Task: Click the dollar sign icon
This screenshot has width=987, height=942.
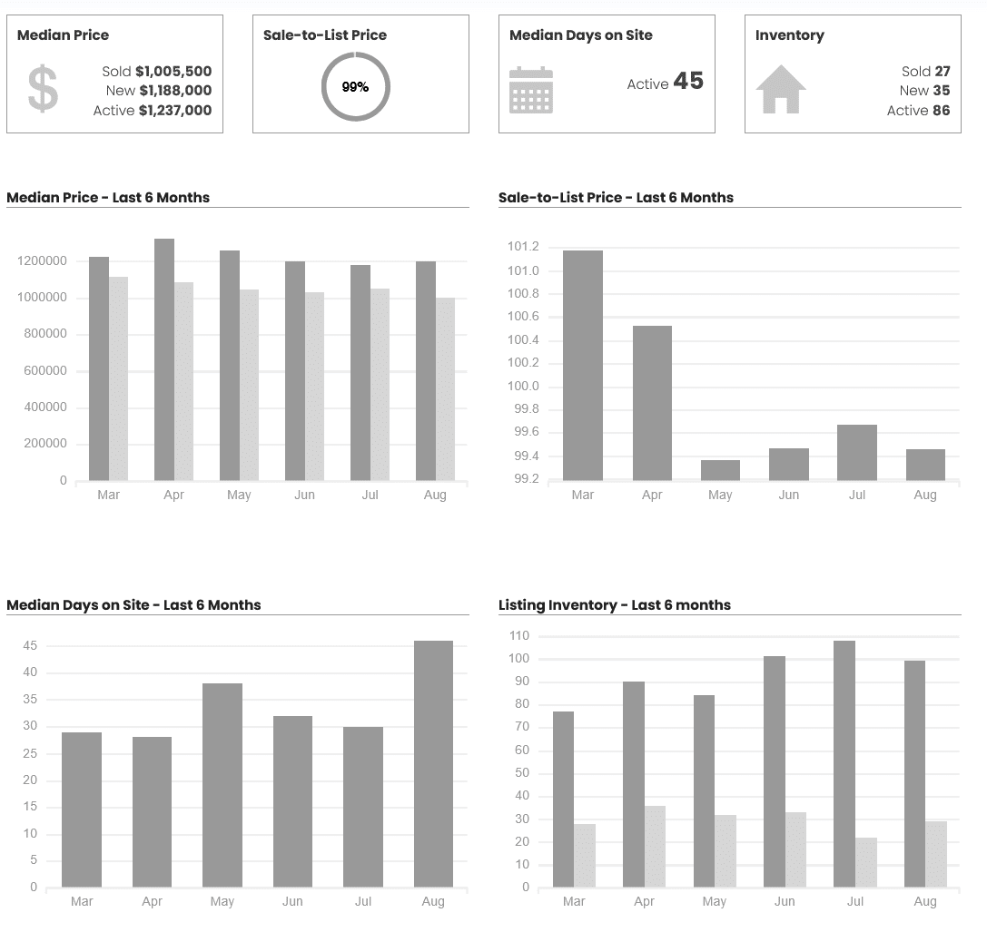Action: coord(43,89)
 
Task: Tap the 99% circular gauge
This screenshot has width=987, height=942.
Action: coord(355,87)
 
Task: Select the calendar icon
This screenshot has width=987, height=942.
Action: coord(531,90)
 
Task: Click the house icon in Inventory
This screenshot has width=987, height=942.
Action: coord(781,89)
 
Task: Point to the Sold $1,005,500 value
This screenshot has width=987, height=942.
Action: coord(173,71)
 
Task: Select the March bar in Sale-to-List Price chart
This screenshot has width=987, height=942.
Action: coord(583,365)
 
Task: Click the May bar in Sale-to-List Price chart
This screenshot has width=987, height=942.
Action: coord(720,470)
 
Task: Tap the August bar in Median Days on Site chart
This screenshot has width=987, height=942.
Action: coord(433,763)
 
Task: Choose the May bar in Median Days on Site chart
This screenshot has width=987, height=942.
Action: coord(222,785)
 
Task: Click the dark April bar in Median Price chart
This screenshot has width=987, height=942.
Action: coord(164,359)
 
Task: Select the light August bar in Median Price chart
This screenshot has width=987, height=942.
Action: coord(445,388)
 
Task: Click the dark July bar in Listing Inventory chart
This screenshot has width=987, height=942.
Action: coord(844,763)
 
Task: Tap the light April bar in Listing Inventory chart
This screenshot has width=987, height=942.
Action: coord(655,846)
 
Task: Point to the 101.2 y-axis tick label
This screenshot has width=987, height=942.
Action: coord(523,247)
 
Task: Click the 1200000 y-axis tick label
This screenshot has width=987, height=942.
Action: coord(42,261)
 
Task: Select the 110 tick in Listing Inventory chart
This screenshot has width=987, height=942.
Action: coord(519,635)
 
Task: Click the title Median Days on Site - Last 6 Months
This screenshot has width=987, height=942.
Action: coord(133,605)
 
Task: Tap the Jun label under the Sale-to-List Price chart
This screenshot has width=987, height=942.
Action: coord(789,496)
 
